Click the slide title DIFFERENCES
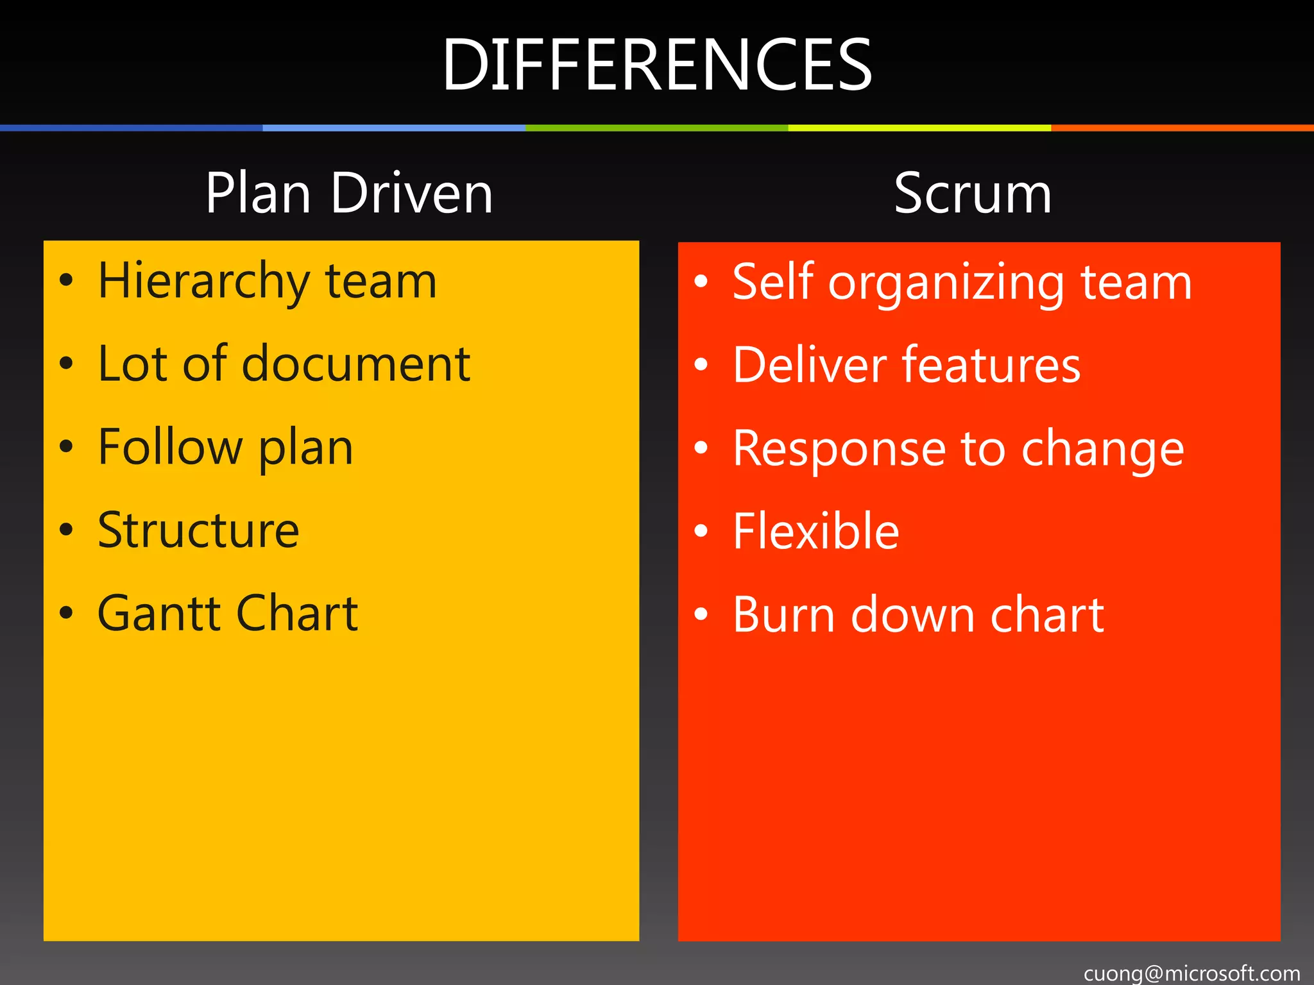pyautogui.click(x=657, y=65)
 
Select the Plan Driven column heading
pyautogui.click(x=349, y=193)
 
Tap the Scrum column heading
pyautogui.click(x=973, y=193)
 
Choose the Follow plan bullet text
pyautogui.click(x=225, y=448)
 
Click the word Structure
pyautogui.click(x=198, y=530)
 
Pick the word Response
pyautogui.click(x=839, y=449)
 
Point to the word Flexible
pyautogui.click(x=815, y=532)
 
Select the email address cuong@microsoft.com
pyautogui.click(x=1191, y=973)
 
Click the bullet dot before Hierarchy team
pyautogui.click(x=66, y=280)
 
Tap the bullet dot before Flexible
pyautogui.click(x=701, y=531)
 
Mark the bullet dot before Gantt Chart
pyautogui.click(x=66, y=612)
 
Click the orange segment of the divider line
pyautogui.click(x=1182, y=128)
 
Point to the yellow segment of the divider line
pyautogui.click(x=919, y=128)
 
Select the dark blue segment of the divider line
pyautogui.click(x=131, y=128)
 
